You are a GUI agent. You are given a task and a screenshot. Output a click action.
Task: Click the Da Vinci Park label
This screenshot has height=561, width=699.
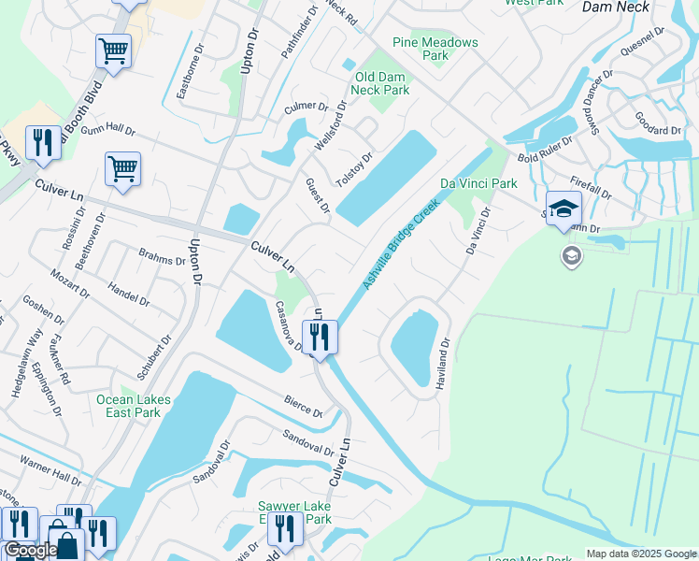point(478,183)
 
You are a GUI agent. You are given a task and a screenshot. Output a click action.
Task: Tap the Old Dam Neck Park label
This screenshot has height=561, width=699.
point(380,83)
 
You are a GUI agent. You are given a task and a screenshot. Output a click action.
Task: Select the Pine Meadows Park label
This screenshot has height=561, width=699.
point(435,49)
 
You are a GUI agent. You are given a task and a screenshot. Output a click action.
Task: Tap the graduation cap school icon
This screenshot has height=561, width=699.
point(564,210)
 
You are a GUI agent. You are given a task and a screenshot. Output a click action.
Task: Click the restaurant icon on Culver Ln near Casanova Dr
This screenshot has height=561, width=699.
point(320,338)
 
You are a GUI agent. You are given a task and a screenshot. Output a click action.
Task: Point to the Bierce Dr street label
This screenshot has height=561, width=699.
point(304,407)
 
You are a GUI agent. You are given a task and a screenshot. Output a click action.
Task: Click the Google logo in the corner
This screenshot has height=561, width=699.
point(31,550)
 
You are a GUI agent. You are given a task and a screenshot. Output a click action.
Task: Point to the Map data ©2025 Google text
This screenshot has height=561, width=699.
point(642,554)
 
